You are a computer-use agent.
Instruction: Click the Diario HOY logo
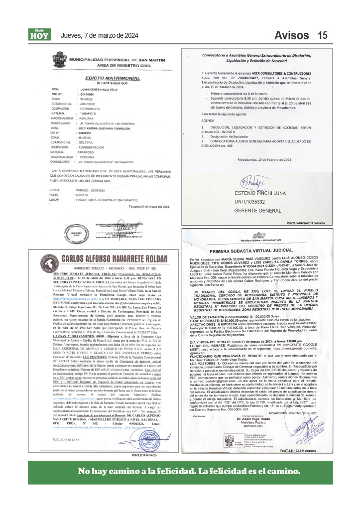[40, 34]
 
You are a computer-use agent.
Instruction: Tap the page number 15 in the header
[322, 35]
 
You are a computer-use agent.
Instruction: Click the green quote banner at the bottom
[180, 472]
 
